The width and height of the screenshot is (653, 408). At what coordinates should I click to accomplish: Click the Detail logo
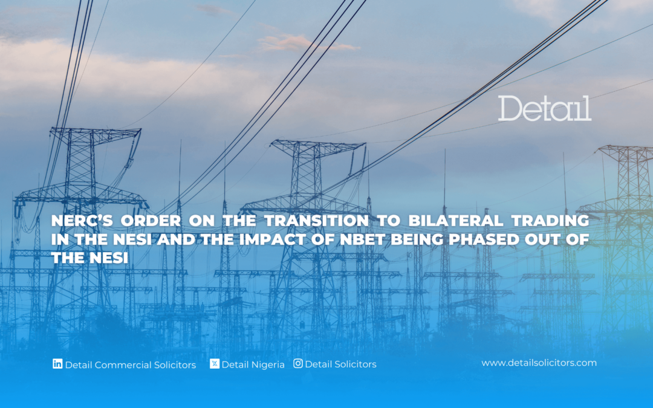[x=544, y=109]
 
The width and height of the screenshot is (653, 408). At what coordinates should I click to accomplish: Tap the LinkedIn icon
[x=57, y=364]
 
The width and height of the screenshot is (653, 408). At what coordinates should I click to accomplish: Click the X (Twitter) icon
[x=215, y=364]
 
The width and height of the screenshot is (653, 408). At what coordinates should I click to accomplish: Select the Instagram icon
[x=298, y=363]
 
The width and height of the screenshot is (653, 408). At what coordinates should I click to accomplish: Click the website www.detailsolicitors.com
[x=539, y=363]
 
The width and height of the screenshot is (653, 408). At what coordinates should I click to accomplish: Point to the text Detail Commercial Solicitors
[x=131, y=364]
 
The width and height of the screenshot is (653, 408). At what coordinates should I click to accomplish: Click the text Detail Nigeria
[x=253, y=364]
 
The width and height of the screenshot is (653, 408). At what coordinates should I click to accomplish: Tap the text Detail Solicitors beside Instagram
[x=340, y=364]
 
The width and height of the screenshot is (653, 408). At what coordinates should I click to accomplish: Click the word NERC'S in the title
[x=82, y=221]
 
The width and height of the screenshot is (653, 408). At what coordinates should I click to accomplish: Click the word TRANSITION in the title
[x=316, y=221]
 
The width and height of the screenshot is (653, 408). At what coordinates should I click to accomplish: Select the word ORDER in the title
[x=151, y=221]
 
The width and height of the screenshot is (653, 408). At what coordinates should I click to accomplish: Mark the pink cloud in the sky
[x=306, y=43]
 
